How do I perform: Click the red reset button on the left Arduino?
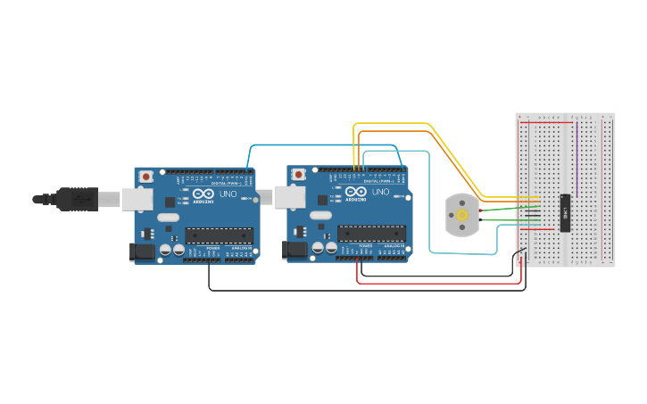point(145,177)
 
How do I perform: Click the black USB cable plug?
point(76,199)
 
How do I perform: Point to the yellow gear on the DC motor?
point(462,216)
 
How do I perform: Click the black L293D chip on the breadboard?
point(565,212)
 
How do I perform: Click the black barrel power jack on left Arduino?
point(141,252)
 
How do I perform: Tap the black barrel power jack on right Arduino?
point(294,251)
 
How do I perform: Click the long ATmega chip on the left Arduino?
point(220,235)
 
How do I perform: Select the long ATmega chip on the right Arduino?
point(371,233)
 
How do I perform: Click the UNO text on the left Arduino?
point(228,194)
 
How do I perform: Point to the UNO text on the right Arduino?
point(379,192)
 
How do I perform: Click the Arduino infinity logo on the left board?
point(203,194)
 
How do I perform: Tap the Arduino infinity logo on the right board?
point(355,192)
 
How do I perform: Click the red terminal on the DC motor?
point(479,210)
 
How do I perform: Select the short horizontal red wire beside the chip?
point(543,228)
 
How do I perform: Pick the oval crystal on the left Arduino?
point(168,217)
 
